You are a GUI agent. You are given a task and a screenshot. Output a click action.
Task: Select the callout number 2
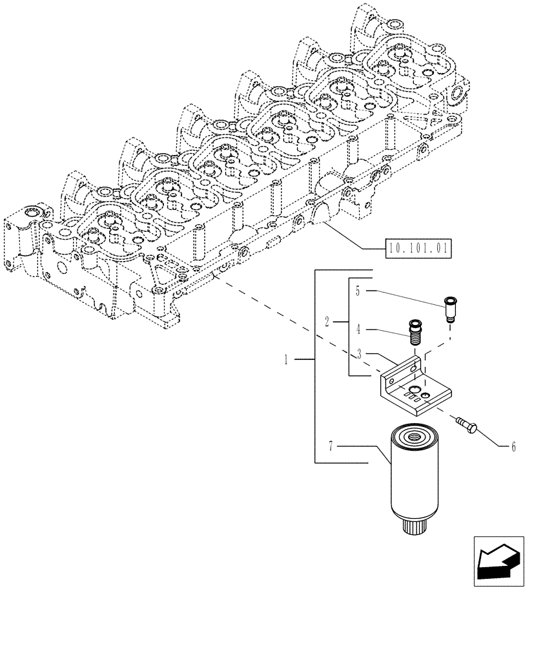click(327, 321)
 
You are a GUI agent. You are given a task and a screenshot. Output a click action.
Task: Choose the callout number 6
click(513, 446)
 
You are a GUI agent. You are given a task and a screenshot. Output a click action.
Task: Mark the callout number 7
click(331, 446)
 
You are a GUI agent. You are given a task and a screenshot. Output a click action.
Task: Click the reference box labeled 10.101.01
click(418, 247)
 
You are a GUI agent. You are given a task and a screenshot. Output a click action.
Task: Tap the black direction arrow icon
click(498, 561)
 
